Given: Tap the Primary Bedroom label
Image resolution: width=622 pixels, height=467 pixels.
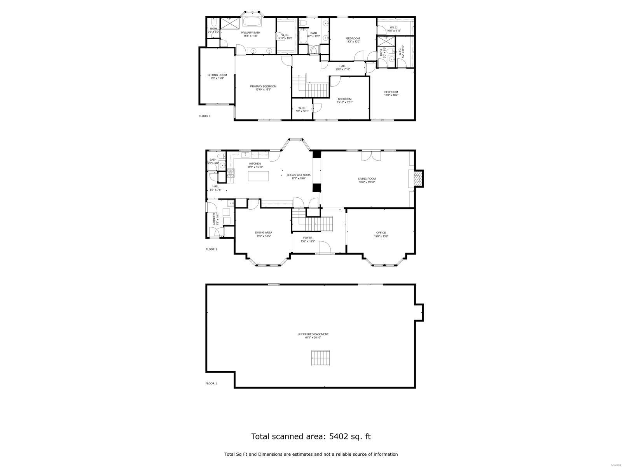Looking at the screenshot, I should point(263,88).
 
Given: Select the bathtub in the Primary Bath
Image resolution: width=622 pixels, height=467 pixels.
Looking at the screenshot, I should point(253,22).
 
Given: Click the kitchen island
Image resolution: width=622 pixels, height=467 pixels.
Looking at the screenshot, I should point(259,176).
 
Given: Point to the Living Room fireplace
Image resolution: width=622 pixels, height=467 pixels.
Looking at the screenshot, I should point(418,179).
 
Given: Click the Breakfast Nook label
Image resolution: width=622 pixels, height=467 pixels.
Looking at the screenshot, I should point(299,177).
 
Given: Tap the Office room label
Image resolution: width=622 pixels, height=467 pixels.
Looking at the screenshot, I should point(381,234).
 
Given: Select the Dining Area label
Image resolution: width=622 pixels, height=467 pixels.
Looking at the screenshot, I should point(263,234).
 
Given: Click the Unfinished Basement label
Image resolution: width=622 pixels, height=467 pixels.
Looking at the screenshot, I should point(313,336).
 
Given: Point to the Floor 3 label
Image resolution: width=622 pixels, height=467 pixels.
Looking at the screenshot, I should point(204,116).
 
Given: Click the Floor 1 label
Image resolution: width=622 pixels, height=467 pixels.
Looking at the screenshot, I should point(211,383).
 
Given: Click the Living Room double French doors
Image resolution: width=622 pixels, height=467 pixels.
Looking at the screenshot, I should point(371,156).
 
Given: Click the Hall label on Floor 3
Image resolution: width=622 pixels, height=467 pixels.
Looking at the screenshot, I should point(342,68).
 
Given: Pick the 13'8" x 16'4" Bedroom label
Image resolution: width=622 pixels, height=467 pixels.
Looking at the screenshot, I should point(391,93).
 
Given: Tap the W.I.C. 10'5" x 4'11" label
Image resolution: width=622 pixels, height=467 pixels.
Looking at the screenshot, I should point(393,29).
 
